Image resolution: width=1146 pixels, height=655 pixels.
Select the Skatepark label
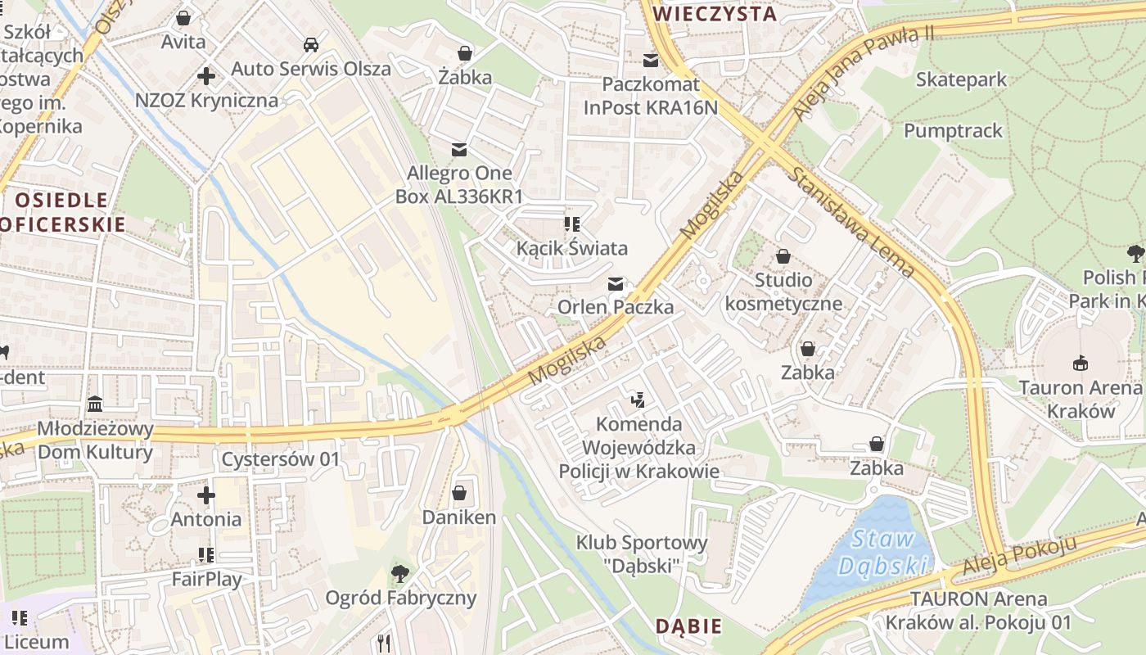click(961, 79)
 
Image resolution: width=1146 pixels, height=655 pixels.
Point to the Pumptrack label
click(953, 130)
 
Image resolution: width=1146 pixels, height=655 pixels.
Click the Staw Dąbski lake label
click(882, 552)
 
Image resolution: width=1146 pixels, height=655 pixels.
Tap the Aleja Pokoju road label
click(1018, 557)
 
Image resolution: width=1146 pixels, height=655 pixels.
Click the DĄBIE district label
click(688, 626)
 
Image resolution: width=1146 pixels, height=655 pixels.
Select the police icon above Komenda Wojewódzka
click(638, 400)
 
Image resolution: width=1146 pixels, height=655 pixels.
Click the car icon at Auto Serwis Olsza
click(311, 44)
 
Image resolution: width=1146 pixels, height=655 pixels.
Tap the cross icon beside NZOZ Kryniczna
click(206, 76)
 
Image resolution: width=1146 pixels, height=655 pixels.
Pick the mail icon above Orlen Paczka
click(616, 284)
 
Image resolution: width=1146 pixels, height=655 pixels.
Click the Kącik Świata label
click(572, 248)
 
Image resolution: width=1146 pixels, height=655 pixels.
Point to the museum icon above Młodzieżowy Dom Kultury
click(95, 404)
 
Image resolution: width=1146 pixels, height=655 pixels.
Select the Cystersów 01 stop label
click(280, 459)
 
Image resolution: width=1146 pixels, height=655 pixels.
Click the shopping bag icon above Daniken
click(459, 493)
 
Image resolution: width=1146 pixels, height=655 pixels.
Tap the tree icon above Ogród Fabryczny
click(400, 573)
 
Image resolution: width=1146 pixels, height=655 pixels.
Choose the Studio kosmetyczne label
click(783, 291)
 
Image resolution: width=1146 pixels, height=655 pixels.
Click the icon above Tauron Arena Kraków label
click(1080, 363)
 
